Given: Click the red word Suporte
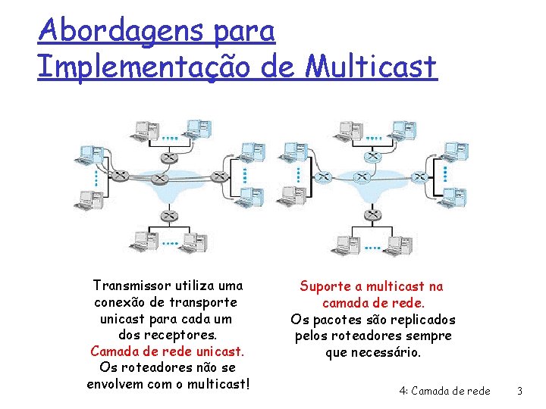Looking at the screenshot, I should point(325,286).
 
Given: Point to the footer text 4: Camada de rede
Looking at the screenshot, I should point(444,391).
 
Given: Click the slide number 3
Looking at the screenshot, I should point(519,391).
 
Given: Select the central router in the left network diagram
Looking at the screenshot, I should point(158,179).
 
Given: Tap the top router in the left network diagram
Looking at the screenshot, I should point(167,156).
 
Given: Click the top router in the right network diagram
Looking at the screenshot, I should point(372,156).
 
